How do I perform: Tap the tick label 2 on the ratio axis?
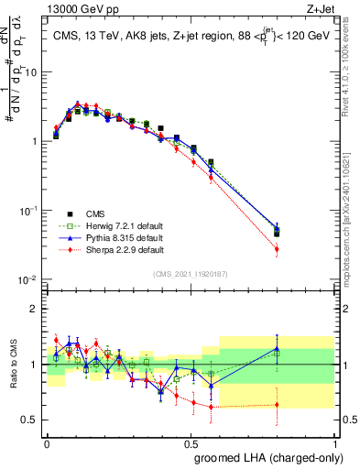pos(34,309)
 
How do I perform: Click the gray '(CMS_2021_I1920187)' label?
pos(191,273)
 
